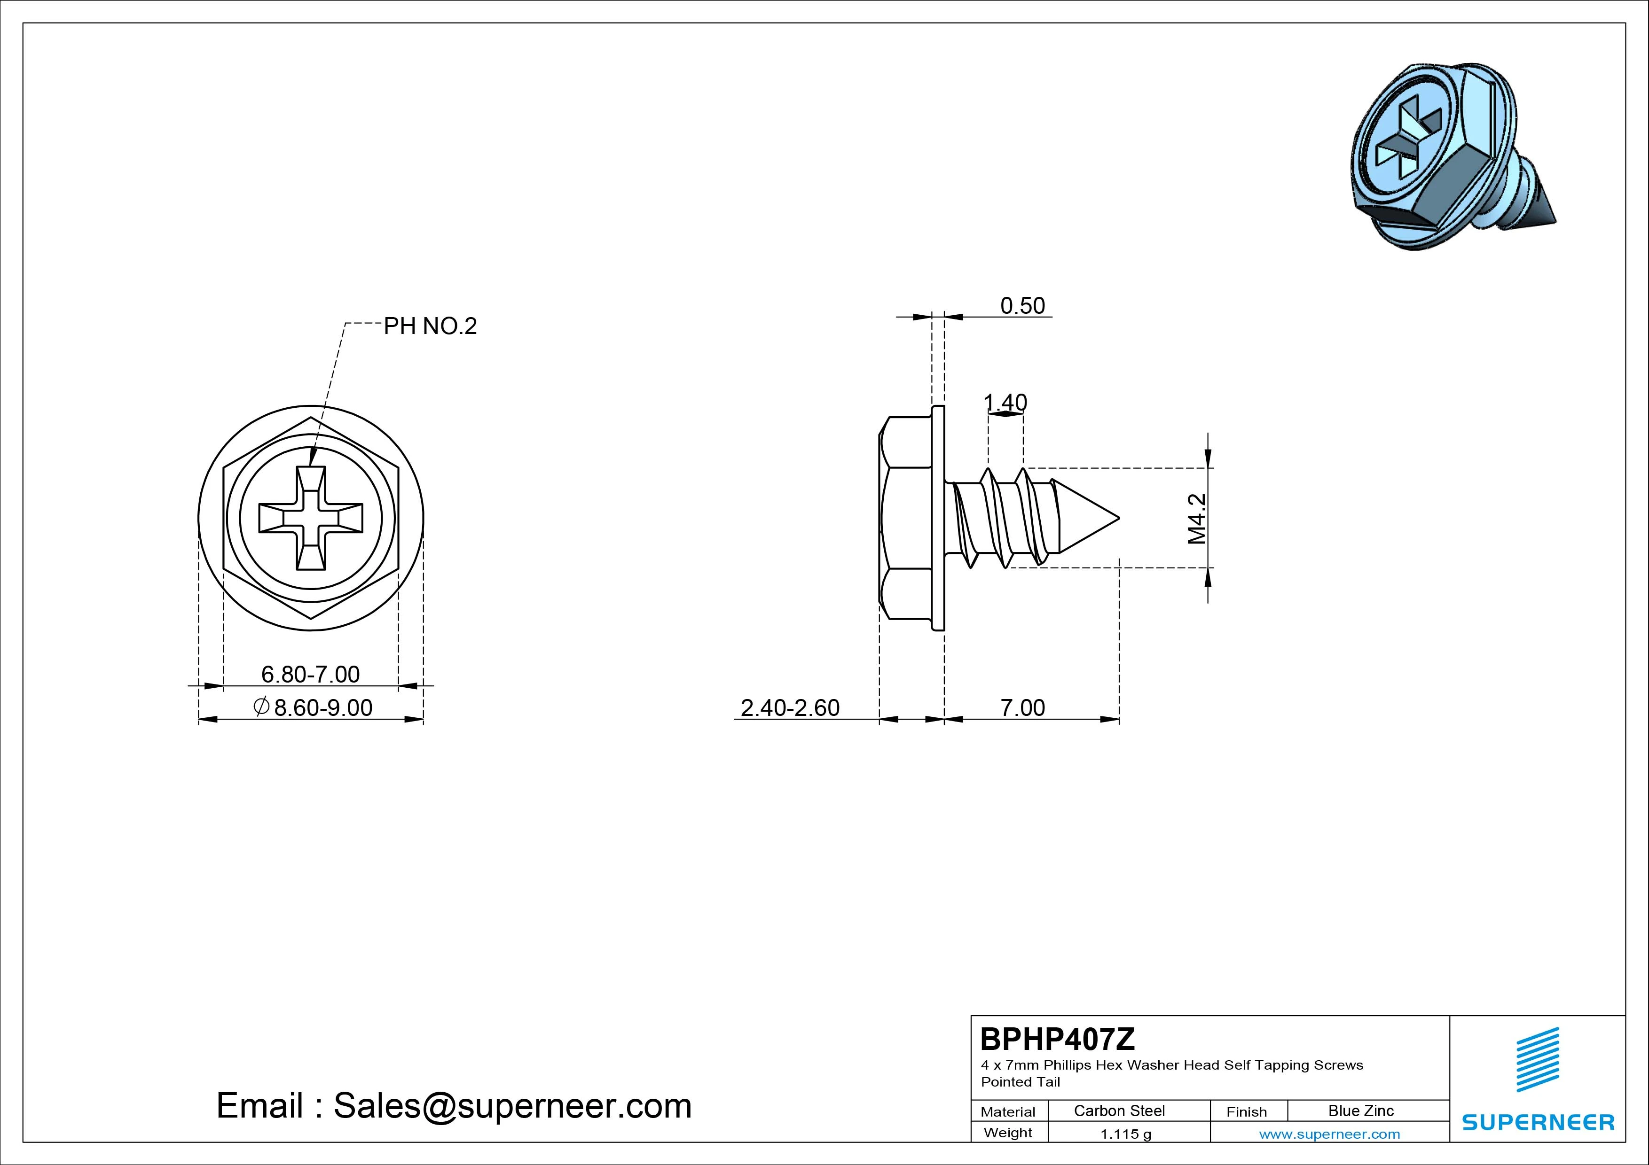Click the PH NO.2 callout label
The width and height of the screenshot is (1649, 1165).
(x=430, y=326)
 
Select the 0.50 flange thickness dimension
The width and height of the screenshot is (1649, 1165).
(x=1023, y=306)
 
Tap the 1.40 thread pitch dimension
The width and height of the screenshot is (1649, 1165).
(x=1005, y=403)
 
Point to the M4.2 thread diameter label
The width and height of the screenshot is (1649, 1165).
(x=1196, y=518)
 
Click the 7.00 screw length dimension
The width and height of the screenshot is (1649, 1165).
(x=1023, y=708)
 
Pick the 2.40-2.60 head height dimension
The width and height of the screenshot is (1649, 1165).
(x=790, y=708)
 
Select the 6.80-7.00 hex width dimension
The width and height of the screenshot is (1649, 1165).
(x=310, y=674)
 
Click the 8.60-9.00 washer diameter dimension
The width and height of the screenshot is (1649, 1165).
(x=313, y=708)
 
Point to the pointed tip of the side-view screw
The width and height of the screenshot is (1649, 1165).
(x=1119, y=518)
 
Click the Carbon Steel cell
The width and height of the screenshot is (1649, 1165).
(x=1119, y=1111)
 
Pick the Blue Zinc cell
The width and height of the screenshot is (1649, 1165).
(x=1361, y=1111)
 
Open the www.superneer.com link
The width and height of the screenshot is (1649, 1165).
(x=1329, y=1134)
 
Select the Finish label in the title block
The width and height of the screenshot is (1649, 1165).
(x=1247, y=1112)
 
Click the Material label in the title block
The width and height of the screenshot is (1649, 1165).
(x=1008, y=1112)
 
